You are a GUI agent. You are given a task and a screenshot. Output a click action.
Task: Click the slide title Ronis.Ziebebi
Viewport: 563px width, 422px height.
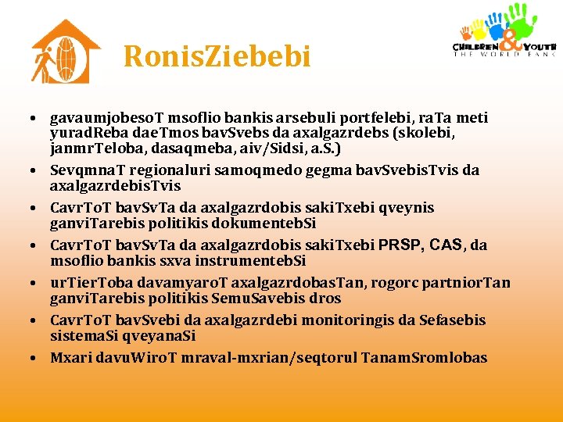pyautogui.click(x=217, y=56)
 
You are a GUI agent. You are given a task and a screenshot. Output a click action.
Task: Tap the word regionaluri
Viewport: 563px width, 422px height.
pyautogui.click(x=162, y=170)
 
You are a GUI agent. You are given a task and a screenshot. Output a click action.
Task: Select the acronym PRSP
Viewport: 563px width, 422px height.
pyautogui.click(x=404, y=245)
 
